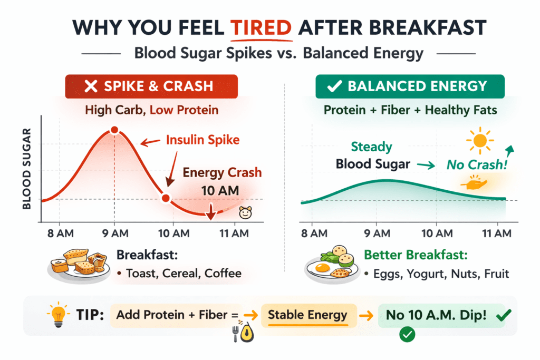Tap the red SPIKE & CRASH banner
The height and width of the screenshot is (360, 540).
[151, 87]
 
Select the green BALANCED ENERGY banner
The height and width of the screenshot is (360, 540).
[410, 87]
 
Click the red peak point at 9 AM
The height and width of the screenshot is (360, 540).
[113, 130]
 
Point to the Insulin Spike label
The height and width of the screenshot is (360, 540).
[202, 140]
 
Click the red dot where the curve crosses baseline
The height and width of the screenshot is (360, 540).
[166, 199]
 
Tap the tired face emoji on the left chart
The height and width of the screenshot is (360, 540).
[245, 213]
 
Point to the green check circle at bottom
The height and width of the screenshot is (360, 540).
[406, 334]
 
